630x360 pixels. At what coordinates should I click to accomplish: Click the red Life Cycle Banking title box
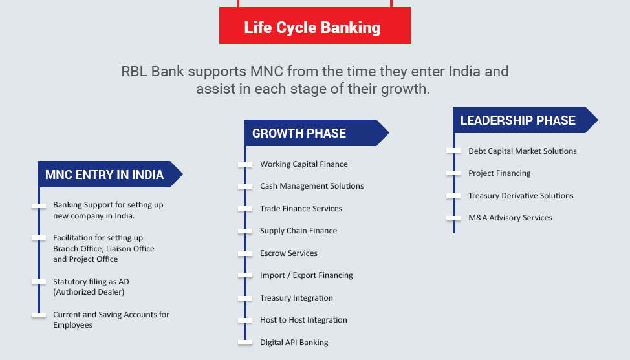click(x=314, y=26)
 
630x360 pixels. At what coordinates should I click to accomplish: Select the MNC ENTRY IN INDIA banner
click(x=110, y=174)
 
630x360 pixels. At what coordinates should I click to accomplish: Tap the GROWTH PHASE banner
click(x=316, y=133)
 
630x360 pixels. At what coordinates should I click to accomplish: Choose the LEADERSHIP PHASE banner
click(x=525, y=120)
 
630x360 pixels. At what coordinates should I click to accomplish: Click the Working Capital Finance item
click(x=304, y=164)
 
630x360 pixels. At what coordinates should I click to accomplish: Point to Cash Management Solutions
click(x=312, y=186)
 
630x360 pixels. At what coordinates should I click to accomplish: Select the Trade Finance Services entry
click(x=301, y=209)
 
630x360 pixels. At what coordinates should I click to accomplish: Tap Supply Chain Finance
click(x=299, y=231)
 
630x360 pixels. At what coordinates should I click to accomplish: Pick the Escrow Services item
click(x=289, y=253)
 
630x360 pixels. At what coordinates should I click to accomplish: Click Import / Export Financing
click(x=307, y=275)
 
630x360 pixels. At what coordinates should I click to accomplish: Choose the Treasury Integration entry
click(x=296, y=298)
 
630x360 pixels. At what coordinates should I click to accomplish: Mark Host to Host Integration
click(x=303, y=320)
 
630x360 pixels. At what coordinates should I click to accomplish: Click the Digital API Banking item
click(x=294, y=343)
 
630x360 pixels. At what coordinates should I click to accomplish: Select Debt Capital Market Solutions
click(x=523, y=151)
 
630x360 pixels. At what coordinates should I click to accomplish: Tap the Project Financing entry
click(x=499, y=173)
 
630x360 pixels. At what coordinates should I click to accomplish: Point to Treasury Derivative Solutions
click(x=521, y=196)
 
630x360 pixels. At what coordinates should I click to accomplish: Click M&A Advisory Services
click(x=510, y=218)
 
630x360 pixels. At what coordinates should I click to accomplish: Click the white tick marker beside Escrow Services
click(x=245, y=253)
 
